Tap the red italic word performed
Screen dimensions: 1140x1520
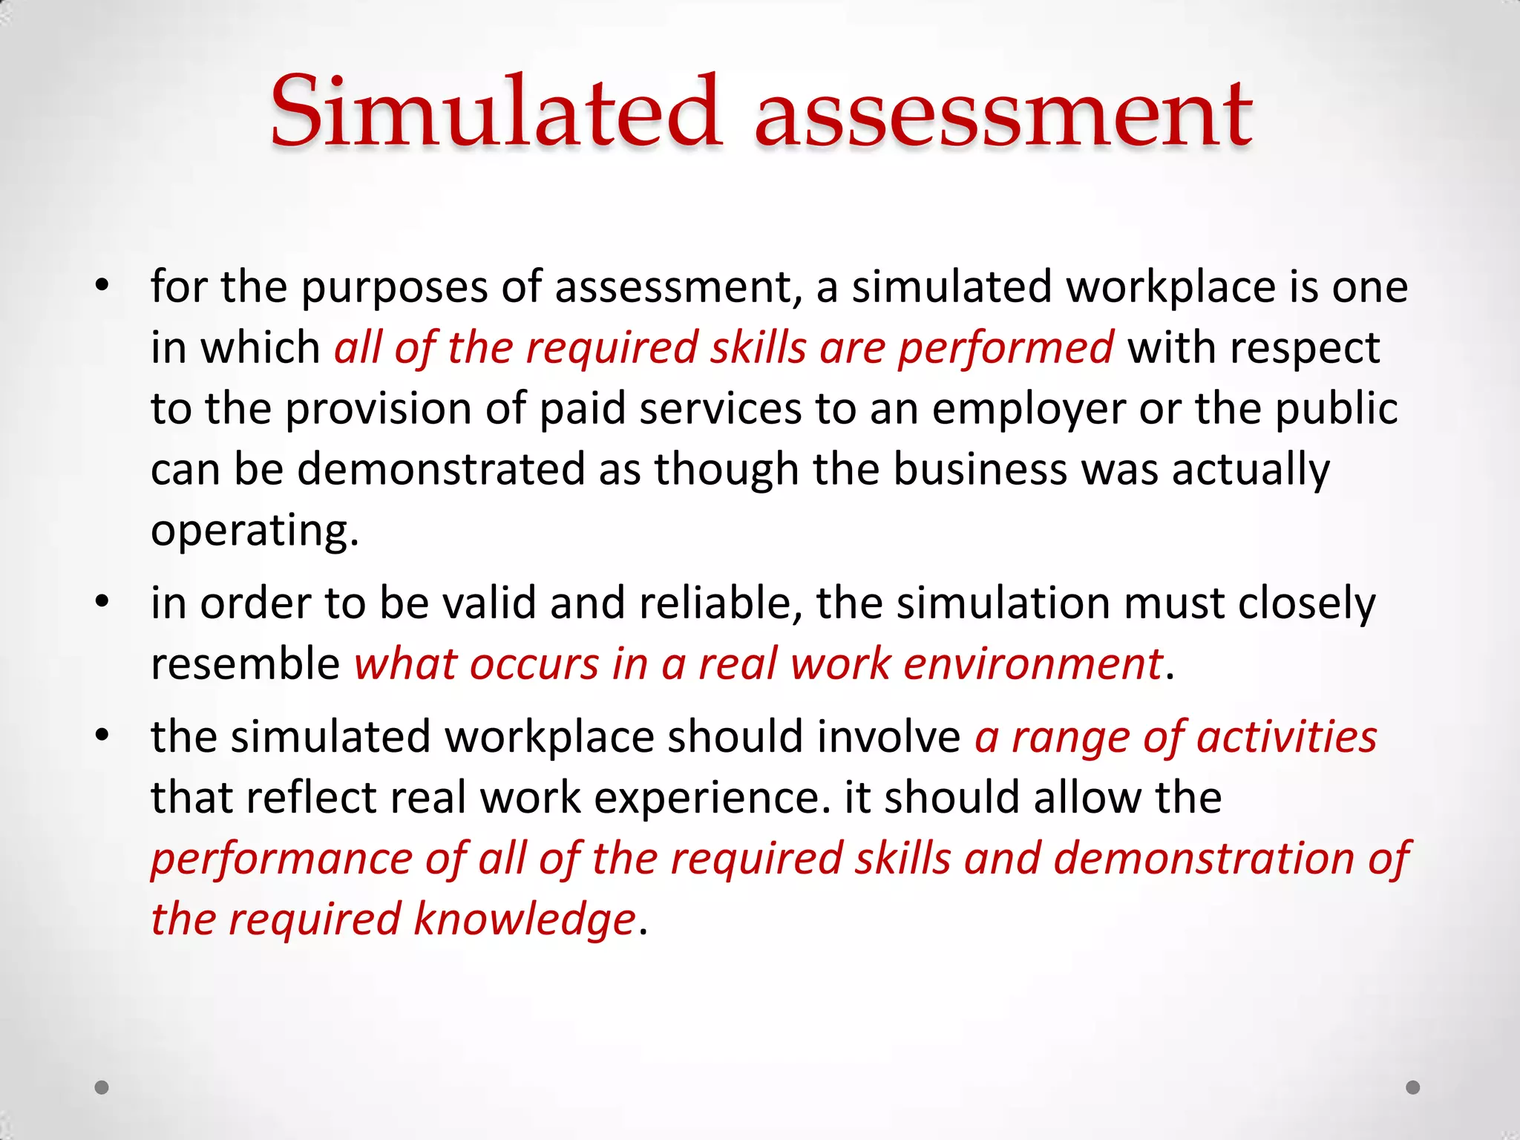[1006, 349]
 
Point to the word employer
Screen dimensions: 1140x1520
[1029, 410]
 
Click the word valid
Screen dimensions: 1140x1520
[489, 603]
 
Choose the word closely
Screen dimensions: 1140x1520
[1306, 604]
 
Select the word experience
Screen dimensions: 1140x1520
[712, 799]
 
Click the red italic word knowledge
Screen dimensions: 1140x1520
[524, 920]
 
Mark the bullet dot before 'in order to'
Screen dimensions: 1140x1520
[102, 601]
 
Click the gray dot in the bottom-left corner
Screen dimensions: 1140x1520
[102, 1087]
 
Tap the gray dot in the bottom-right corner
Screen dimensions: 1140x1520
[1413, 1087]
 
